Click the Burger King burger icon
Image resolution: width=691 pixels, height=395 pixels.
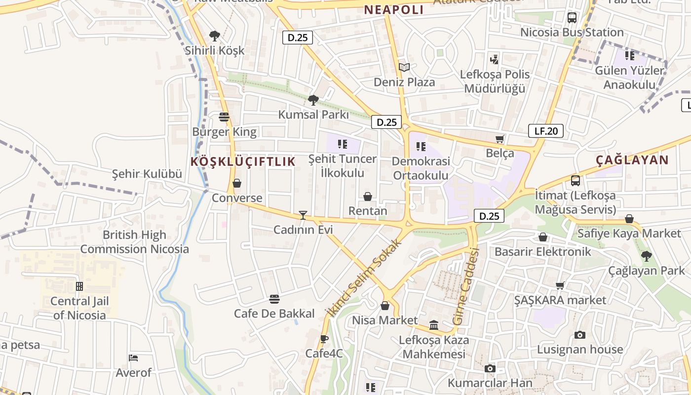point(224,117)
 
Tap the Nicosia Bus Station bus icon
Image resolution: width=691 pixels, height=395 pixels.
point(572,18)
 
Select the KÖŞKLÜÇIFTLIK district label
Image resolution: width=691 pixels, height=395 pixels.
point(243,161)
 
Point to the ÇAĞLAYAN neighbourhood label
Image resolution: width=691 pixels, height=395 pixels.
point(632,160)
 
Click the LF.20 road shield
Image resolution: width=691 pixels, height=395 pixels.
point(546,131)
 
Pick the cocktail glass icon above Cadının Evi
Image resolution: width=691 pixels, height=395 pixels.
point(303,215)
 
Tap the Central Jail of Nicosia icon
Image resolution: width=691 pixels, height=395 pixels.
point(79,286)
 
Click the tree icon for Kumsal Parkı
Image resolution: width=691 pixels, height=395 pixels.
point(313,100)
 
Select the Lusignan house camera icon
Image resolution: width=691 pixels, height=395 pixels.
point(580,335)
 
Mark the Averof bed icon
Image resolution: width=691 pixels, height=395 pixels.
point(133,358)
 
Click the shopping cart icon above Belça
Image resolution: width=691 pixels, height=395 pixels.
point(500,139)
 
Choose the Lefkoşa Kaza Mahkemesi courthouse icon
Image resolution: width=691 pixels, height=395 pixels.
point(434,325)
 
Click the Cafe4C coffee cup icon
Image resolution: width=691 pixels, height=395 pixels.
point(324,339)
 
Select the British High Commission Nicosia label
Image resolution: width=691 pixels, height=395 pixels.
point(134,242)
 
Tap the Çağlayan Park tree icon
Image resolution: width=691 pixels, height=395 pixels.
point(646,256)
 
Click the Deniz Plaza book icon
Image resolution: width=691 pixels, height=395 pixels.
point(404,67)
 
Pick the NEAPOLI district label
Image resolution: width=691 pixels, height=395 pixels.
point(394,10)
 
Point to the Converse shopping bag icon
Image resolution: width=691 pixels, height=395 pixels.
point(237,184)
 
